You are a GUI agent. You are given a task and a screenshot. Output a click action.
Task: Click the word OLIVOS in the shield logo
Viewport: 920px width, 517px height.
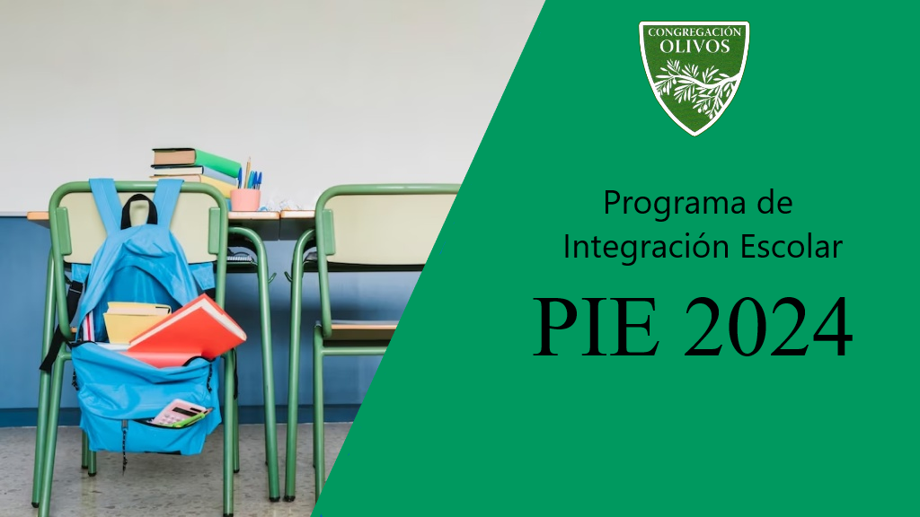pos(694,47)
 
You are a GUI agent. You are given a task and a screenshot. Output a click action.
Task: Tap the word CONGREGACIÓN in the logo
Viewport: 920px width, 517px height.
pos(694,31)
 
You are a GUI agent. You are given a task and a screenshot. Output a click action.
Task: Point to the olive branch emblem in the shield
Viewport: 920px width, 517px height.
pos(694,88)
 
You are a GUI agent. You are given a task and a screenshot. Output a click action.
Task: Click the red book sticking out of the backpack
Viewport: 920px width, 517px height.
pos(186,334)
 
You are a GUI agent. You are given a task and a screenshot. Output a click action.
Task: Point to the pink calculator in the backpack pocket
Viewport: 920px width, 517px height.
pos(179,413)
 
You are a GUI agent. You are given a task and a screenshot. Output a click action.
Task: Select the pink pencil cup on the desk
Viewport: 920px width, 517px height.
pos(245,199)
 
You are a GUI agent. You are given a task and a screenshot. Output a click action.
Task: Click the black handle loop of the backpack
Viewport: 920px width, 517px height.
pos(139,210)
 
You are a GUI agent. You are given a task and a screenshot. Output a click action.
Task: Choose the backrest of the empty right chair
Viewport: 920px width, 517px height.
pos(385,223)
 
